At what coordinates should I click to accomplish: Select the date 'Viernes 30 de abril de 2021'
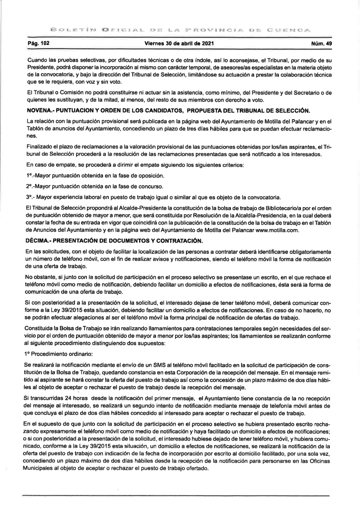coord(180,44)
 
